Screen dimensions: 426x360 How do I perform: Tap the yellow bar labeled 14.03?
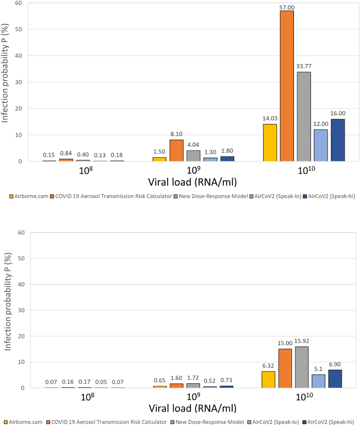269,142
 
